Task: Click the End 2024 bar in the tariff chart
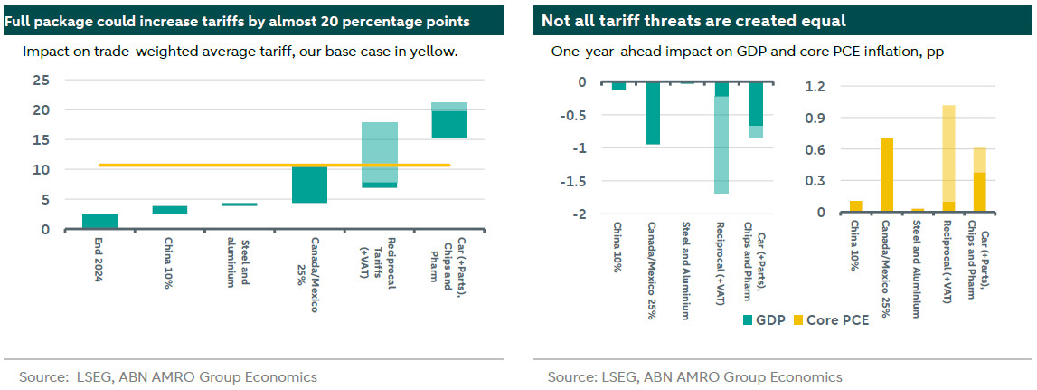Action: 99,222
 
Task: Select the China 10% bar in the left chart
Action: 169,210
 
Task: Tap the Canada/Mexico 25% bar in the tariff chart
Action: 309,185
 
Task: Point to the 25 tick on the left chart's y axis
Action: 41,80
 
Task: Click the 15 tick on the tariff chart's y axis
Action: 41,139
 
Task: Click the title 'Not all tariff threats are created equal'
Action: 693,20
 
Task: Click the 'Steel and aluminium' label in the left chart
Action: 235,263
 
